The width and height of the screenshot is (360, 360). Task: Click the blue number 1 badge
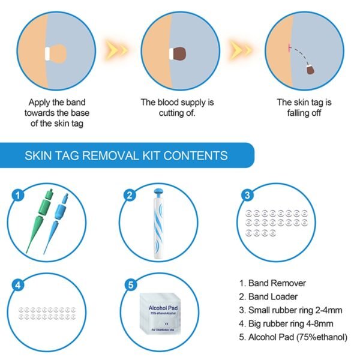(x=19, y=194)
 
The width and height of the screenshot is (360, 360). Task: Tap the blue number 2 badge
(x=129, y=194)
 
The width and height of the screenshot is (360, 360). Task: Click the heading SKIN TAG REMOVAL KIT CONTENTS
(x=125, y=156)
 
